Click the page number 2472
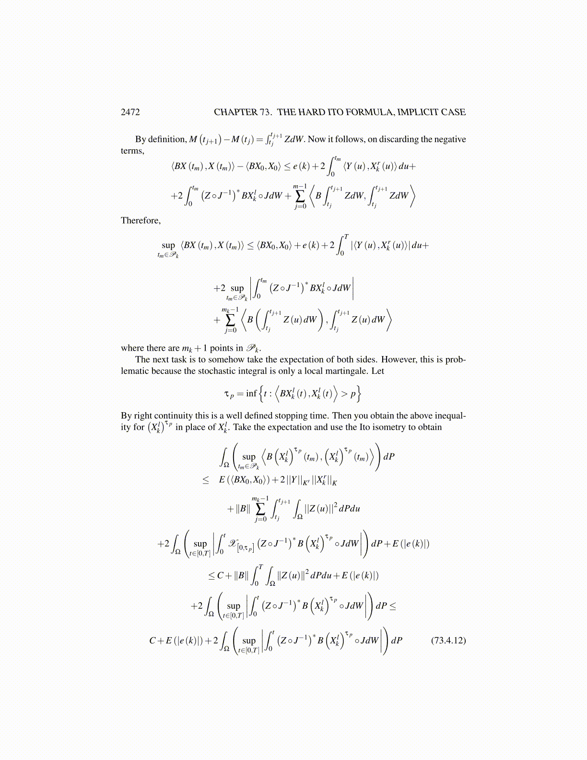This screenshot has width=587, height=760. pyautogui.click(x=130, y=112)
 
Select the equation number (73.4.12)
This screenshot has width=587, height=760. pyautogui.click(x=448, y=640)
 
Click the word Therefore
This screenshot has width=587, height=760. pyautogui.click(x=141, y=221)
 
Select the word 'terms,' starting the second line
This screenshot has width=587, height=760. pyautogui.click(x=132, y=151)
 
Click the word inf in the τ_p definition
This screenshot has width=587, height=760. pyautogui.click(x=251, y=393)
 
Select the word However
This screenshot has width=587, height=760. pyautogui.click(x=399, y=359)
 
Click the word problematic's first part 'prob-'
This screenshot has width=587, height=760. pyautogui.click(x=455, y=359)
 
